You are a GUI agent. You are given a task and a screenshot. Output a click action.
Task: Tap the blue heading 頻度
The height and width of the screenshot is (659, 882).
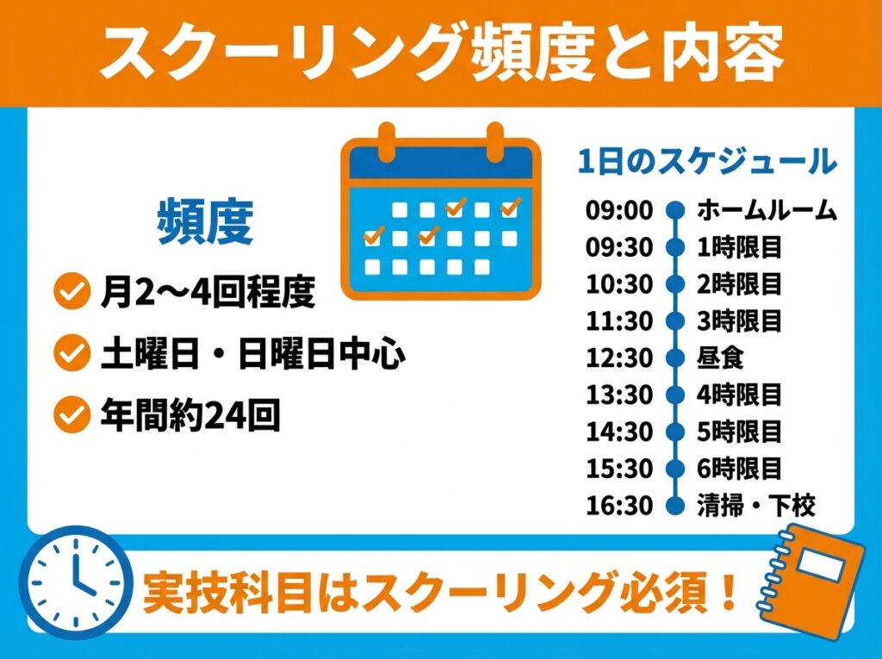pos(204,223)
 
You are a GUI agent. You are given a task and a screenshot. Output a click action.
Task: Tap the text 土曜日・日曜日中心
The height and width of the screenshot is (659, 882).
pos(252,353)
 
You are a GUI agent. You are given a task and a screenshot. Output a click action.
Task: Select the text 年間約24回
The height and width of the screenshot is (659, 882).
pos(190,415)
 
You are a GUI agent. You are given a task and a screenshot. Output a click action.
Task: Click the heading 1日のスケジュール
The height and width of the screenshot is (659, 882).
pos(707,161)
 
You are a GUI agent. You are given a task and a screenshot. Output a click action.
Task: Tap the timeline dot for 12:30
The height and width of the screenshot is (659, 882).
pos(675,357)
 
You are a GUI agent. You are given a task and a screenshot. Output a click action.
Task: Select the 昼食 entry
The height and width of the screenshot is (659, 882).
pos(720,357)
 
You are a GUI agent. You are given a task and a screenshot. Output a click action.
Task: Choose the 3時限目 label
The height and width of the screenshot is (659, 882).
pos(739,321)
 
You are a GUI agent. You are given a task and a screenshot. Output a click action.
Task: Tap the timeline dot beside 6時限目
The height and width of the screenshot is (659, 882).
pos(675,469)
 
